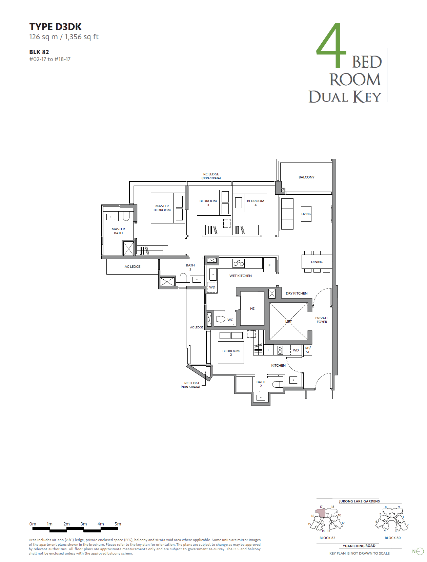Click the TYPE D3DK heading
55,27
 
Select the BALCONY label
306,177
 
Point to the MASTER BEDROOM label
162,208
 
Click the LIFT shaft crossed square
288,321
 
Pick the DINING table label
317,262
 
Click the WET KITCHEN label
240,276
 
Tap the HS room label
252,308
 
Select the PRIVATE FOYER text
322,320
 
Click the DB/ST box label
307,350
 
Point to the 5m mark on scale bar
118,524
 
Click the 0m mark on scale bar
33,524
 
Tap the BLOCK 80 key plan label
392,538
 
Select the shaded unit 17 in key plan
321,513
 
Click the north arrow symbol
420,552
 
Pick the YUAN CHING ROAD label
359,546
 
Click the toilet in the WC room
220,319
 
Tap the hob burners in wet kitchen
239,263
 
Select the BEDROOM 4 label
256,202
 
